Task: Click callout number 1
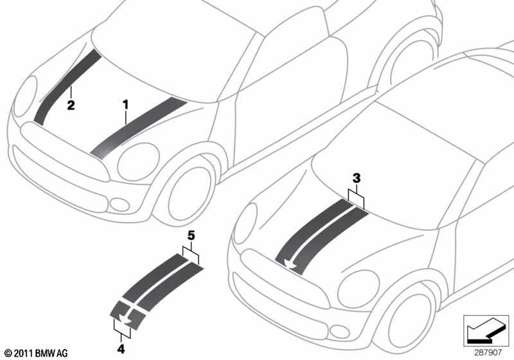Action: tap(125, 105)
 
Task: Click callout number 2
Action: tap(71, 105)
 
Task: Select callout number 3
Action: tap(357, 178)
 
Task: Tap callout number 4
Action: tap(121, 349)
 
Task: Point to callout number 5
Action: tap(191, 235)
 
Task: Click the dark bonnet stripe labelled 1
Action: tap(139, 128)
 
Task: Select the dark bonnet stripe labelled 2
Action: tap(67, 87)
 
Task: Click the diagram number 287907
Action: tap(488, 352)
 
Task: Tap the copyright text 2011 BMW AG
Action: tap(36, 353)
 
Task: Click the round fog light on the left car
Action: tap(120, 204)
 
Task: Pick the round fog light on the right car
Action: tap(339, 331)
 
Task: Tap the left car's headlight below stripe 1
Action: tap(138, 162)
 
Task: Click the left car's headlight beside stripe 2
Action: tap(25, 96)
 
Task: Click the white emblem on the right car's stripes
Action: tap(290, 263)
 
